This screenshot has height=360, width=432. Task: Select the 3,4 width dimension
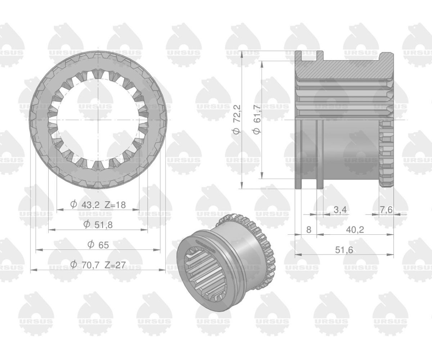pos(340,210)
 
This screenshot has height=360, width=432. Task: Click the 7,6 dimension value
pos(386,210)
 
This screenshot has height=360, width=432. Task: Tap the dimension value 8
pos(309,230)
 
